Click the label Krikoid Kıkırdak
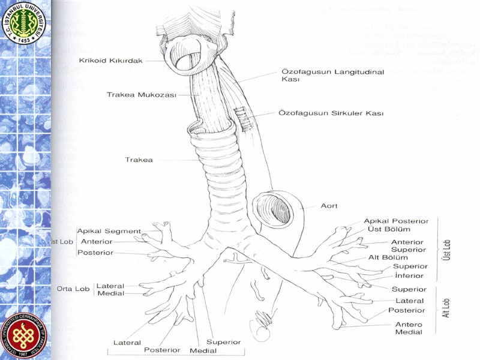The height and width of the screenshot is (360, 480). pyautogui.click(x=110, y=61)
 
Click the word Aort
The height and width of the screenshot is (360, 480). pyautogui.click(x=329, y=206)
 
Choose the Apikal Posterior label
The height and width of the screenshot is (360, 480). pyautogui.click(x=396, y=221)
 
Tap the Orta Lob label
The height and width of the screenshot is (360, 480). pyautogui.click(x=73, y=289)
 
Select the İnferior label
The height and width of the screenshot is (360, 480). pyautogui.click(x=409, y=275)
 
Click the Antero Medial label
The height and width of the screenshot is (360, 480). pyautogui.click(x=409, y=328)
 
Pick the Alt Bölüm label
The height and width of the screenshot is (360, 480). pyautogui.click(x=388, y=257)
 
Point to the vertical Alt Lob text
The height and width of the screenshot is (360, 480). pyautogui.click(x=446, y=308)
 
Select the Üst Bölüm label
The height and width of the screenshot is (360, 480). pyautogui.click(x=389, y=229)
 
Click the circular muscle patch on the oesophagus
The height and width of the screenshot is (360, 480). pyautogui.click(x=244, y=116)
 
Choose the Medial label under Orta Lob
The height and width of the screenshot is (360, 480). pyautogui.click(x=110, y=293)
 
